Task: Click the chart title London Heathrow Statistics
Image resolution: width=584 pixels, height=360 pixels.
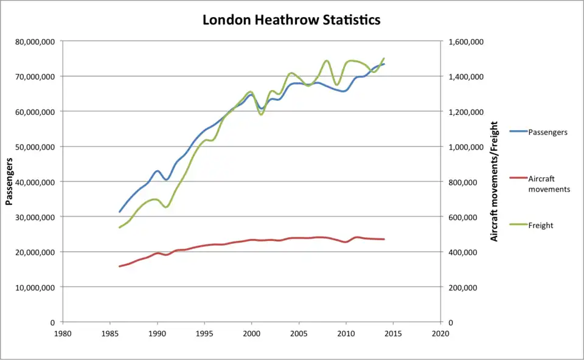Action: (291, 19)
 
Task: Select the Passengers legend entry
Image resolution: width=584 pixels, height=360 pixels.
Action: (547, 132)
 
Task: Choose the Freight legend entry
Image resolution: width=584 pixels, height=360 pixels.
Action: (541, 225)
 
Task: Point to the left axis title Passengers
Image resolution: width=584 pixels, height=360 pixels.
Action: (10, 181)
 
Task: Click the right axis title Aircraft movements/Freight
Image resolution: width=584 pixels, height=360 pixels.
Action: (495, 181)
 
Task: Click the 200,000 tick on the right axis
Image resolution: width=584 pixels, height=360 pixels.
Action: (467, 287)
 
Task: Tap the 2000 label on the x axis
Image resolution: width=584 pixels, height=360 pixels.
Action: (251, 333)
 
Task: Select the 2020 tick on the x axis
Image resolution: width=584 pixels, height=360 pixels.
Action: (440, 333)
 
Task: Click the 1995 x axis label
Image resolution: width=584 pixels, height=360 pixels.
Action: (204, 333)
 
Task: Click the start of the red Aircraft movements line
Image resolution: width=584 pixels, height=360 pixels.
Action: (120, 266)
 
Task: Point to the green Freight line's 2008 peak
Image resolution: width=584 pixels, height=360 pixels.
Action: (327, 61)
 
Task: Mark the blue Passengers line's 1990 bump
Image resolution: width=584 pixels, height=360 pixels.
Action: (158, 171)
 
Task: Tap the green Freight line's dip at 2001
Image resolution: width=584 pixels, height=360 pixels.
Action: (261, 114)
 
